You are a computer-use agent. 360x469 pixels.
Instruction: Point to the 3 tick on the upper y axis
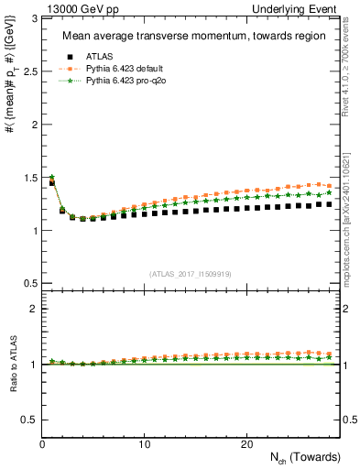click(x=34, y=18)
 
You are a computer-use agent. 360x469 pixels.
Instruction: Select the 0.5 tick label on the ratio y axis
click(x=29, y=420)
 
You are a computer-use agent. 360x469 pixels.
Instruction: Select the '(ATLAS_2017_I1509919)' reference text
click(x=191, y=273)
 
